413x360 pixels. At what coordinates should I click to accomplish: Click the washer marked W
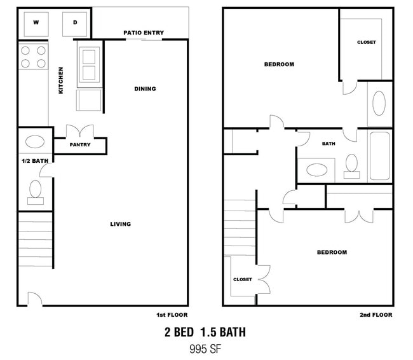(36, 24)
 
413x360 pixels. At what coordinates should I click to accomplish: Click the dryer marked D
(75, 24)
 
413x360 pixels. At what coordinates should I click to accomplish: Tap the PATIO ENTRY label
(144, 32)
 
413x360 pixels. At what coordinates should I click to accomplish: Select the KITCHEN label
(61, 80)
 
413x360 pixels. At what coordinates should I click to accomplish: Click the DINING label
(145, 88)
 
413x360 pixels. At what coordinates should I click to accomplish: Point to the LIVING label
(120, 224)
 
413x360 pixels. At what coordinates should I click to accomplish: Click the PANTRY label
(80, 144)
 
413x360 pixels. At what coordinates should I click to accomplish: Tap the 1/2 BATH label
(35, 161)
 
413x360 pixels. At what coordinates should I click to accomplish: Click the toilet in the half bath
(36, 192)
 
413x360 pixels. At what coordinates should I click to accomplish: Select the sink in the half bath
(35, 142)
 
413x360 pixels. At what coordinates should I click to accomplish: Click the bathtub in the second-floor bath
(379, 156)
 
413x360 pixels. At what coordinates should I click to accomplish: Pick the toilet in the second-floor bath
(351, 166)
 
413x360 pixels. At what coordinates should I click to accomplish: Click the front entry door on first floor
(35, 300)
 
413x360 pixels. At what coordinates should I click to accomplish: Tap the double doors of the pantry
(80, 131)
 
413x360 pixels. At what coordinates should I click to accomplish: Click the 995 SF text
(205, 349)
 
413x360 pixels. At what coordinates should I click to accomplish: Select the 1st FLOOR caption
(172, 315)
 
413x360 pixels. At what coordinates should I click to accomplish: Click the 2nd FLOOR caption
(376, 315)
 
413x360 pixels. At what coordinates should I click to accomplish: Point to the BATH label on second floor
(328, 144)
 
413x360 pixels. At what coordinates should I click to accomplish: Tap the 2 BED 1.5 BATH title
(205, 332)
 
